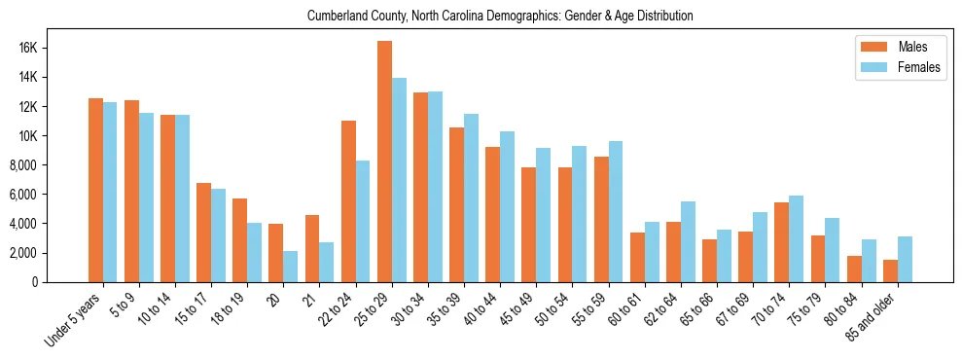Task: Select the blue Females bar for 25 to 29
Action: point(399,180)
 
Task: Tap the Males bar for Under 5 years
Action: point(95,190)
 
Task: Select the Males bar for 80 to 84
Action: point(854,269)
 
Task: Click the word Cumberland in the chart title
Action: point(335,17)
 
